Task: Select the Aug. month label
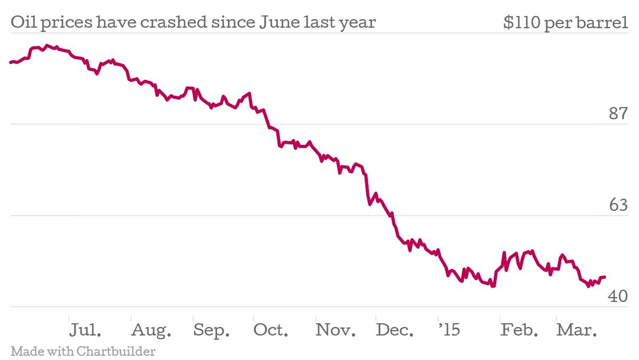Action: tap(151, 330)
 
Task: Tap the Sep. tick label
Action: tap(211, 330)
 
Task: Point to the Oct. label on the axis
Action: tap(271, 330)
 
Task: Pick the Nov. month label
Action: tap(335, 330)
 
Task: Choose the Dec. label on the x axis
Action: tap(395, 330)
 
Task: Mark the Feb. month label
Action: tap(519, 330)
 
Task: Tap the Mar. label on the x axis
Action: tap(577, 330)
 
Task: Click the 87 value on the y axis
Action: tap(619, 113)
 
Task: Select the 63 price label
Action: tap(619, 205)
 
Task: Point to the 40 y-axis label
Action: tap(619, 296)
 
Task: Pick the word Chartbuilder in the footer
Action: tap(116, 351)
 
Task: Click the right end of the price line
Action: tap(605, 277)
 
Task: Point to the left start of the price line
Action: tap(11, 62)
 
